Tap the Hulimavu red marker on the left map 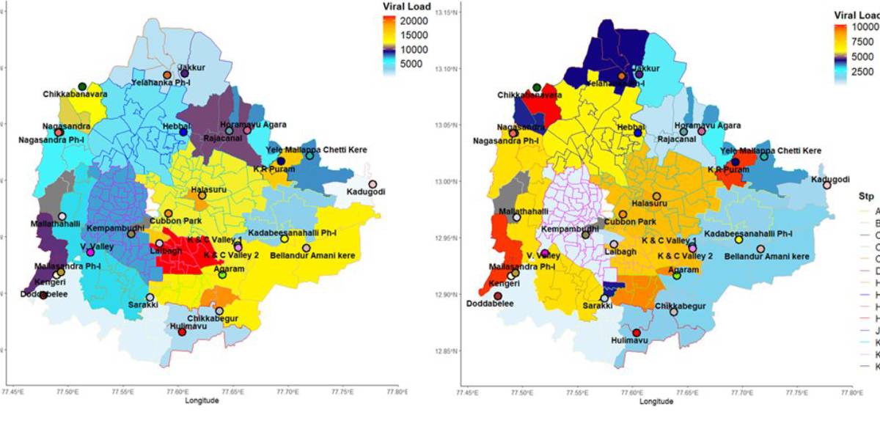pos(182,332)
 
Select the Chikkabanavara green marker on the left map pos(82,87)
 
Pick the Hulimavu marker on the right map pos(637,332)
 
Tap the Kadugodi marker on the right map pos(827,186)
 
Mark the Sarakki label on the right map pos(598,306)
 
